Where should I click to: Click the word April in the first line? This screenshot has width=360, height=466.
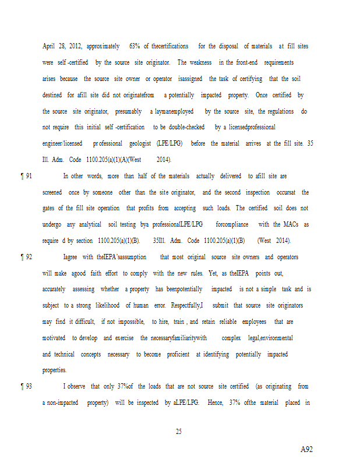click(50, 46)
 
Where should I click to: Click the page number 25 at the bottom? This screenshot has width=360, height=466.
click(179, 432)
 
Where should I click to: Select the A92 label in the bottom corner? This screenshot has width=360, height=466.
click(307, 450)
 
